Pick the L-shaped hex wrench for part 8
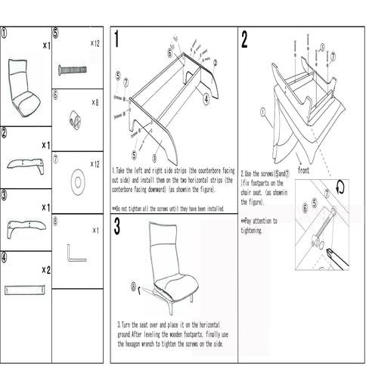pyautogui.click(x=76, y=250)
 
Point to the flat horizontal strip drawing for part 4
pyautogui.click(x=26, y=287)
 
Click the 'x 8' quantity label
pyautogui.click(x=95, y=101)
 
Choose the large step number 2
pyautogui.click(x=244, y=40)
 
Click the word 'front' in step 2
pyautogui.click(x=303, y=170)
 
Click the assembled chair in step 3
pyautogui.click(x=175, y=265)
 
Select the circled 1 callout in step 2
pyautogui.click(x=262, y=111)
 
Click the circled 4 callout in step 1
pyautogui.click(x=206, y=98)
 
